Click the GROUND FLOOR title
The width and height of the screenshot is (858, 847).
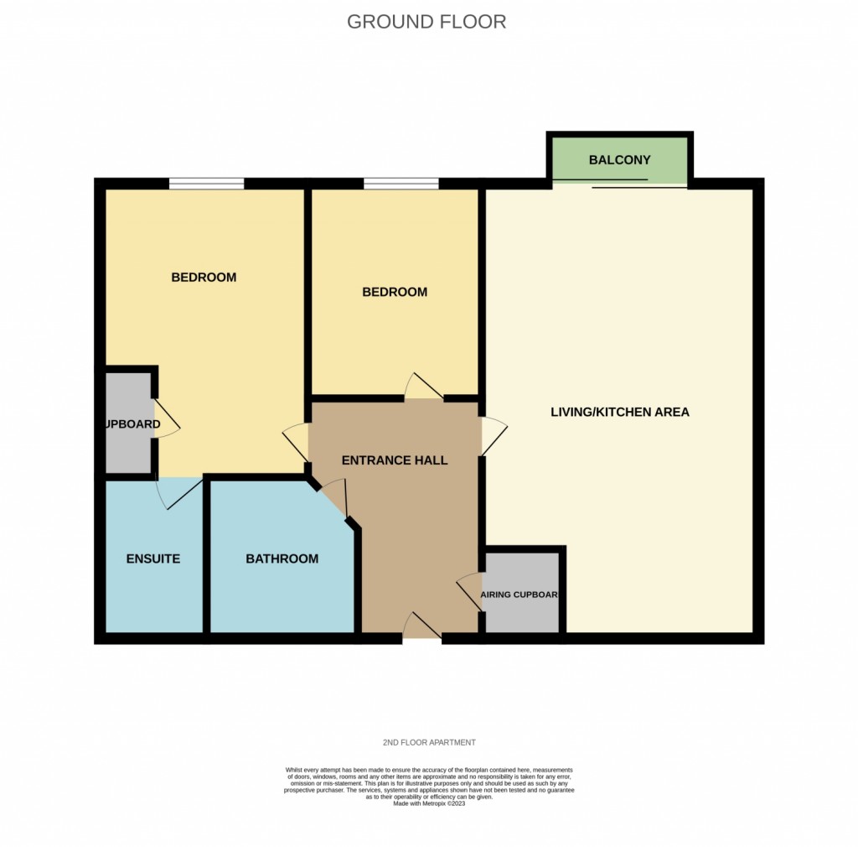(x=426, y=22)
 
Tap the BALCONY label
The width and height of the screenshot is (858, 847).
(x=619, y=160)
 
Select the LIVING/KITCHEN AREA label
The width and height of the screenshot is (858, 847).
(x=619, y=412)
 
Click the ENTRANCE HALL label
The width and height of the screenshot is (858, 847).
(x=395, y=460)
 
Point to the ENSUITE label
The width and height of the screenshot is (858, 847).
(x=153, y=559)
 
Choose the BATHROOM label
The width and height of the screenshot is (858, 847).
(x=282, y=559)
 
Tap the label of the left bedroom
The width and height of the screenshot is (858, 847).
(x=204, y=278)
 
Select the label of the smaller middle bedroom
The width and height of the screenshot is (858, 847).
(x=395, y=293)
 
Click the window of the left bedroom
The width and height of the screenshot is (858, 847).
(x=206, y=183)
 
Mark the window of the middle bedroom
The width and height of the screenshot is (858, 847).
(x=401, y=183)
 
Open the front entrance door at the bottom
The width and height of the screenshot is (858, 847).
(x=421, y=628)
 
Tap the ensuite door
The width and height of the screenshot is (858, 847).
(x=178, y=491)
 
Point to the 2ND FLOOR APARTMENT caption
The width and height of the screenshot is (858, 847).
(x=428, y=743)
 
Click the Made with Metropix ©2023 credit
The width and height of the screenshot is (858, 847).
(x=428, y=803)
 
